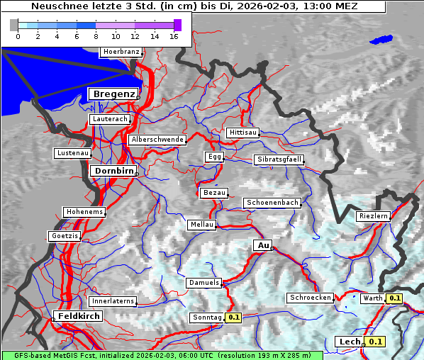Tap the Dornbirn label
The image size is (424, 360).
click(x=112, y=171)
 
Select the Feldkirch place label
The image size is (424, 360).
click(x=78, y=316)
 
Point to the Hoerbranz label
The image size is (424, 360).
click(x=121, y=52)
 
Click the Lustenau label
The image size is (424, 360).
click(x=72, y=153)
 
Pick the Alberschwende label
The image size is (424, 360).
click(x=157, y=140)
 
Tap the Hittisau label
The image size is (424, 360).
click(x=243, y=133)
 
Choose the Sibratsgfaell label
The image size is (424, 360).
click(x=279, y=159)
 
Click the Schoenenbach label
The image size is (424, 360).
click(x=272, y=203)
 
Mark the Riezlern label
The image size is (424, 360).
click(x=374, y=215)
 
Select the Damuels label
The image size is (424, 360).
click(x=203, y=283)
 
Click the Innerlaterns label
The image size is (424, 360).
click(x=113, y=301)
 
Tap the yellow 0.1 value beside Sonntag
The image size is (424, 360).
click(x=234, y=317)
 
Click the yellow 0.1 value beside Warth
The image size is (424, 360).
click(x=395, y=298)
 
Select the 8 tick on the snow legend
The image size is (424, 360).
click(x=96, y=36)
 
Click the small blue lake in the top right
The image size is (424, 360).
click(x=381, y=40)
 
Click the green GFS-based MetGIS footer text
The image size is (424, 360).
click(x=162, y=355)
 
